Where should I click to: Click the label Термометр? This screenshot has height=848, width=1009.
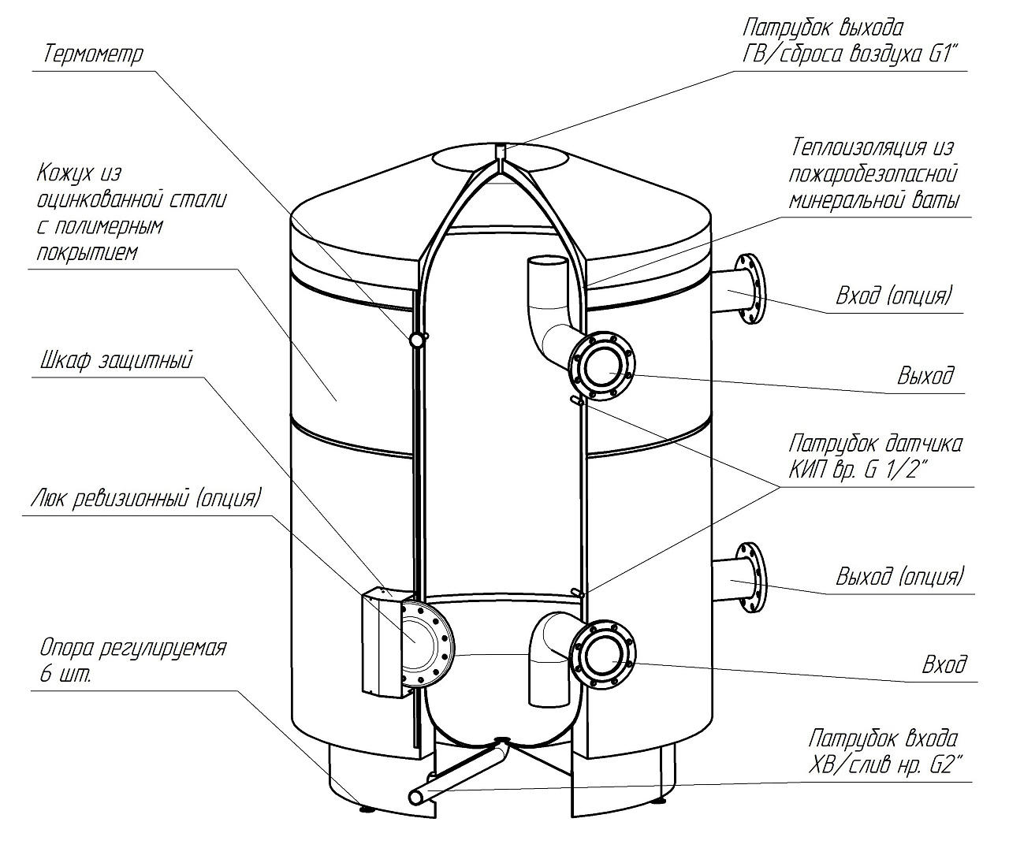pos(93,53)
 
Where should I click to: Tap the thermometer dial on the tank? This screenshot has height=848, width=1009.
pos(416,340)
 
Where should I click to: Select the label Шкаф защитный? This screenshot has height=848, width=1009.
pos(116,360)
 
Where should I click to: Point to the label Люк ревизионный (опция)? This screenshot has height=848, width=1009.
pos(146,498)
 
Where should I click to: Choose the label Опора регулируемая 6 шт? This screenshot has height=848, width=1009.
pos(133,660)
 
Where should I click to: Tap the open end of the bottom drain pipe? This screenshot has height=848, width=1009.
pos(416,798)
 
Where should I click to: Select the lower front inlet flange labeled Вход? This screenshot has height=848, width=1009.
pos(602,655)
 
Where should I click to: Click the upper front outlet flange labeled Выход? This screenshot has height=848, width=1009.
pos(602,366)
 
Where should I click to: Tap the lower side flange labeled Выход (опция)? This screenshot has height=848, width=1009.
pos(750,578)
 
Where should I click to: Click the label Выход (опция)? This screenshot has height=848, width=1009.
pos(899,576)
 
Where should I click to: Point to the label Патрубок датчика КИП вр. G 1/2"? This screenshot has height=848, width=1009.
pos(875,456)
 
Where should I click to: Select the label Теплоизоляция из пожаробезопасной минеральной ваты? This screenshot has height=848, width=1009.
pos(873,173)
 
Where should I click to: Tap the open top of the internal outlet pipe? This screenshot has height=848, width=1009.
pos(546,263)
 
